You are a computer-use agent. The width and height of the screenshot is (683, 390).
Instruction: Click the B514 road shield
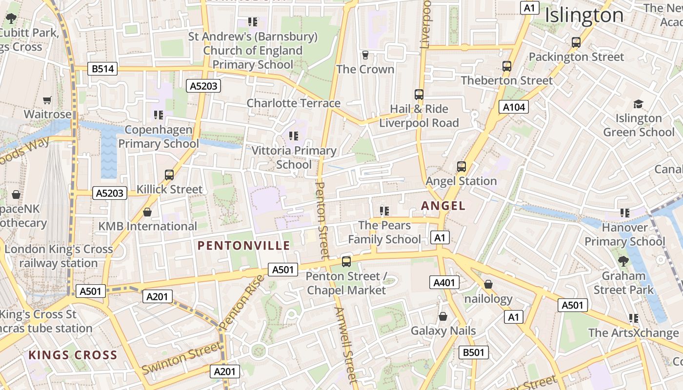(x=103, y=69)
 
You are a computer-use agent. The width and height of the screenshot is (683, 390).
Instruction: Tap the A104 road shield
(x=514, y=107)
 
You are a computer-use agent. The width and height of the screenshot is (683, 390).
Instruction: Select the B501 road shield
(x=473, y=352)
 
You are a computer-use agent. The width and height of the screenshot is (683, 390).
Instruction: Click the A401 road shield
(x=444, y=282)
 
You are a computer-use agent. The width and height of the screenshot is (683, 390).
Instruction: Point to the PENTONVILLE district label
(x=244, y=246)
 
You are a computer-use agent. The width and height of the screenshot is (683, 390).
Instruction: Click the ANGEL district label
(x=443, y=206)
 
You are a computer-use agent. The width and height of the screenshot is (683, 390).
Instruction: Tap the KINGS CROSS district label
(x=73, y=355)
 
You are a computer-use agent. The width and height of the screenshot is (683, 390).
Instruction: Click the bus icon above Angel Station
(x=461, y=167)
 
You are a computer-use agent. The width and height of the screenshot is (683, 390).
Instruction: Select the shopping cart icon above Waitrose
(x=47, y=100)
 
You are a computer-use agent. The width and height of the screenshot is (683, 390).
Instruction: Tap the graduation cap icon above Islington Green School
(x=638, y=104)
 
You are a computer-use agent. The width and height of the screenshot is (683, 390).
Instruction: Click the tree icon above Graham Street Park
(x=623, y=261)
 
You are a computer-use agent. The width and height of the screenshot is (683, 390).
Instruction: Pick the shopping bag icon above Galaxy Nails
(x=443, y=317)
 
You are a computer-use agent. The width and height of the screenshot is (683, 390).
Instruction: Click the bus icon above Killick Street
(x=169, y=175)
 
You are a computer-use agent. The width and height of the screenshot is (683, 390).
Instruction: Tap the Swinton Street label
(x=181, y=358)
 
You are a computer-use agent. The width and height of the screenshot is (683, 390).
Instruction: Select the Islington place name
(x=584, y=16)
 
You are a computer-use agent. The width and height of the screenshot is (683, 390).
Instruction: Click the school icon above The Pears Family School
(x=384, y=211)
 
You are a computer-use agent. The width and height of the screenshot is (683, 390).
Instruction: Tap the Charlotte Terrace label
(x=293, y=103)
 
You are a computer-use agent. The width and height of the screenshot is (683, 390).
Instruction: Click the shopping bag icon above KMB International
(x=147, y=213)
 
